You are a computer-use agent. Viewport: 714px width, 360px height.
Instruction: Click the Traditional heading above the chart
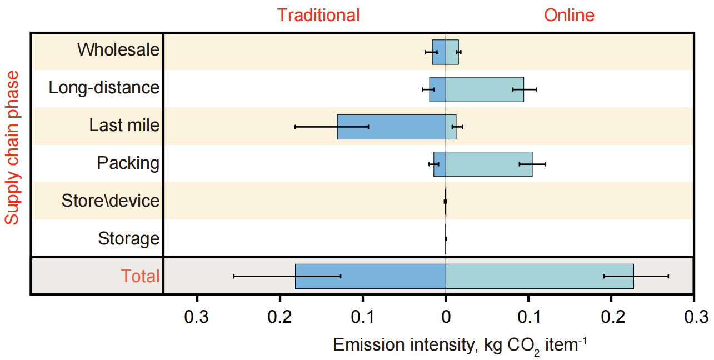(318, 15)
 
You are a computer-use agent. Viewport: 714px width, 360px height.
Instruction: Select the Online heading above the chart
(570, 15)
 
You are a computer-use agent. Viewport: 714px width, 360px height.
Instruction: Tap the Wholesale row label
(118, 50)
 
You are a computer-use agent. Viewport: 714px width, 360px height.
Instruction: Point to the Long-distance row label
(104, 88)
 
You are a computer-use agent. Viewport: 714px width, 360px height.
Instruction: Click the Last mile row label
(124, 126)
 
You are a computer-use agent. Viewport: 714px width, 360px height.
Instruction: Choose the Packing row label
(128, 163)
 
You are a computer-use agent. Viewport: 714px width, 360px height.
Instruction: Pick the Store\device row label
(111, 201)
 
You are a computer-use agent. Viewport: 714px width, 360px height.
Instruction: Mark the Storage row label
(128, 239)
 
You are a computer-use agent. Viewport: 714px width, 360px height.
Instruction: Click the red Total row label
(141, 276)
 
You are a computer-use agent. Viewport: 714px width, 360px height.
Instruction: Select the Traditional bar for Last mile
(391, 127)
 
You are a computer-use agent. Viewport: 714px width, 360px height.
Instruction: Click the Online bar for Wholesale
(452, 52)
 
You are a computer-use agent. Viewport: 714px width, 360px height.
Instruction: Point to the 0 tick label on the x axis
(446, 317)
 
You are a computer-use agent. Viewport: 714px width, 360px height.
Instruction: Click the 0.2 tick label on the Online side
(611, 317)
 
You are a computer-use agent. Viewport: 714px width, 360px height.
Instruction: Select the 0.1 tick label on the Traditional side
(363, 317)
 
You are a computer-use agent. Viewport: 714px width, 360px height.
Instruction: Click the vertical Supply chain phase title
(12, 148)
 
